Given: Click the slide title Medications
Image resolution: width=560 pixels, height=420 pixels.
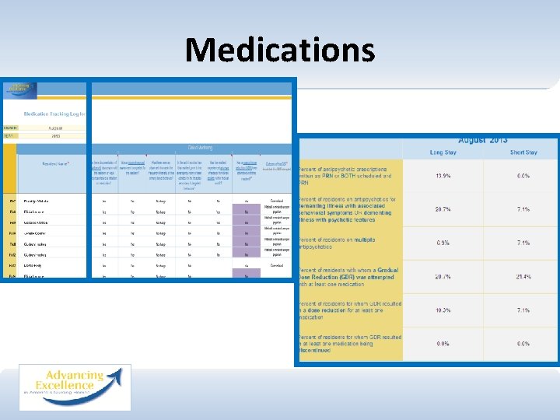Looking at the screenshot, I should [x=280, y=51].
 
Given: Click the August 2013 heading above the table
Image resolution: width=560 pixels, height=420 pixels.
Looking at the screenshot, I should [x=483, y=140].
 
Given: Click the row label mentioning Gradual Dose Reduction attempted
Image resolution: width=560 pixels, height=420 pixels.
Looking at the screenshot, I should [x=348, y=277].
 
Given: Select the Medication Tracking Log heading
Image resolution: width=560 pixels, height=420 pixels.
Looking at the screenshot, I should [x=54, y=114].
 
